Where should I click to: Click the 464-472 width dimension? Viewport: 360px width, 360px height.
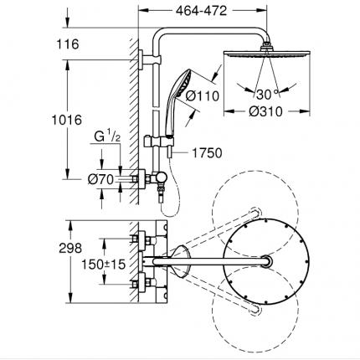point(201,11)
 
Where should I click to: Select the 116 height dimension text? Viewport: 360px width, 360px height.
point(68,44)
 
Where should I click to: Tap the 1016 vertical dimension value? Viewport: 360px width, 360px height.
point(67,120)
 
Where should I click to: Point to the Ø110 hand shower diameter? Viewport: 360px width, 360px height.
point(203,96)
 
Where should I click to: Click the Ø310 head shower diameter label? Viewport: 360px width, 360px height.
point(265,111)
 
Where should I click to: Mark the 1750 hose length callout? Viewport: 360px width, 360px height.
point(208,153)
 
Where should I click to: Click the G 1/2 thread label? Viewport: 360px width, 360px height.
point(107,137)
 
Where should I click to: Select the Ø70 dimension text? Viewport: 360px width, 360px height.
point(101,179)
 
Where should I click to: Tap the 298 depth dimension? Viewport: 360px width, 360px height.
point(70,248)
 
